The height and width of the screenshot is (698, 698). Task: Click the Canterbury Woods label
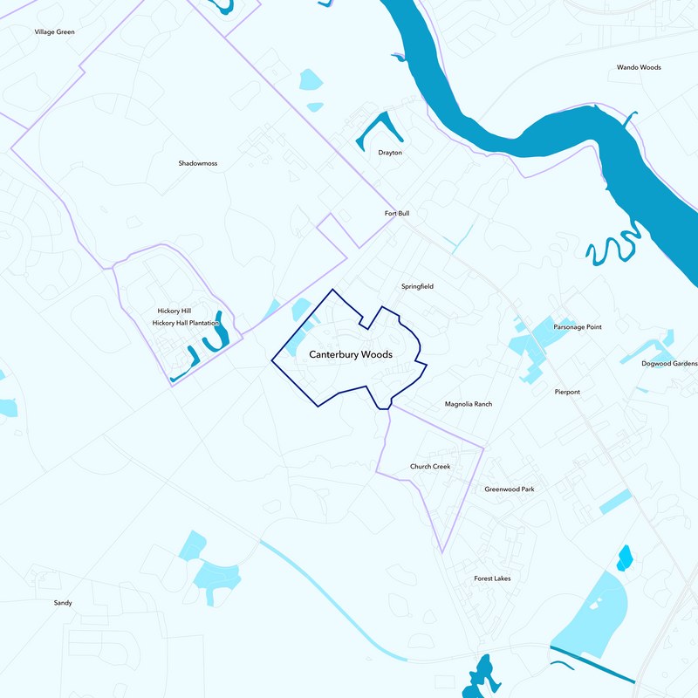pyautogui.click(x=351, y=355)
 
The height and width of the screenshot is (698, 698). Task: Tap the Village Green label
pyautogui.click(x=54, y=31)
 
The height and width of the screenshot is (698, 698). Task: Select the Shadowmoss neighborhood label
pyautogui.click(x=197, y=163)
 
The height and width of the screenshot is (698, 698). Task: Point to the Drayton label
pyautogui.click(x=390, y=153)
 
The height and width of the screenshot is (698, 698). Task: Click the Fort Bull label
pyautogui.click(x=396, y=213)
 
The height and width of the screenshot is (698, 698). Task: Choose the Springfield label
pyautogui.click(x=417, y=286)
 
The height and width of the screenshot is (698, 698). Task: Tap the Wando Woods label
pyautogui.click(x=639, y=67)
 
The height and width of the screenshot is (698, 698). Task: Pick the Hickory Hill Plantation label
pyautogui.click(x=185, y=323)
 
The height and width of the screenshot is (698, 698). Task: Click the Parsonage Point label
pyautogui.click(x=578, y=327)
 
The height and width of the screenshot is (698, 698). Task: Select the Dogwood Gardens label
pyautogui.click(x=669, y=364)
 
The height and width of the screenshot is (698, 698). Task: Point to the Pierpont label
pyautogui.click(x=567, y=392)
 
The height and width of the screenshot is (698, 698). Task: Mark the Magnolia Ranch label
pyautogui.click(x=469, y=404)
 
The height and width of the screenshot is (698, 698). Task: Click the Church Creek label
pyautogui.click(x=430, y=467)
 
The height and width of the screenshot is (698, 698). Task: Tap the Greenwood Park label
pyautogui.click(x=510, y=489)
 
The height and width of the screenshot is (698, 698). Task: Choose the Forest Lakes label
pyautogui.click(x=492, y=578)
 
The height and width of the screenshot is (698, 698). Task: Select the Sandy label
pyautogui.click(x=63, y=603)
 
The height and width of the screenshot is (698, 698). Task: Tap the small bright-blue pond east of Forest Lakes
pyautogui.click(x=624, y=558)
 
